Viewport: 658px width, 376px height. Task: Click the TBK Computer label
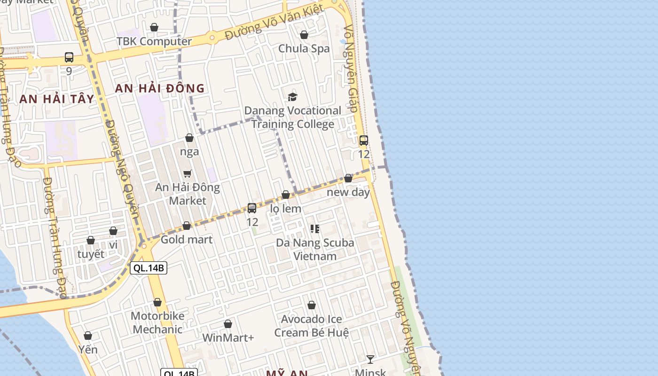(154, 41)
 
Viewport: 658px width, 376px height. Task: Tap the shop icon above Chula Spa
(304, 35)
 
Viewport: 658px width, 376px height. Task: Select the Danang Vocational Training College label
(292, 117)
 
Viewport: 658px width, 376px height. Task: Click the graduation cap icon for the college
(292, 97)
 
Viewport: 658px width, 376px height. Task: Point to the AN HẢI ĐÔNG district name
(160, 88)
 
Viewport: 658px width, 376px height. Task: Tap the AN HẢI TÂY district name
(57, 99)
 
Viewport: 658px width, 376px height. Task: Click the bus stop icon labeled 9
(69, 57)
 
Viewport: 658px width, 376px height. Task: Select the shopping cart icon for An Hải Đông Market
(188, 173)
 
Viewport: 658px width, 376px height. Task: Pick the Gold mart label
(187, 240)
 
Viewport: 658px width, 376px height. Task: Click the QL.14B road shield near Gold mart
(149, 268)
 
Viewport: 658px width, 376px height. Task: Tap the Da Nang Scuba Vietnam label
(315, 250)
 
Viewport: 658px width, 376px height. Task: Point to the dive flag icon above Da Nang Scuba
(315, 229)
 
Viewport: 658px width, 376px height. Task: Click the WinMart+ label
(228, 337)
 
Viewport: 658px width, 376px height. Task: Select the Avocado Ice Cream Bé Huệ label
(312, 326)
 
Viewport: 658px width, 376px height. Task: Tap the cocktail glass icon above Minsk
(370, 360)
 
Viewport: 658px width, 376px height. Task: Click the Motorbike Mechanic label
(157, 322)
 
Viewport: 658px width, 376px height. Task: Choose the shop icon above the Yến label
(88, 336)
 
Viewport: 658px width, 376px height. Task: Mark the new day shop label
(348, 192)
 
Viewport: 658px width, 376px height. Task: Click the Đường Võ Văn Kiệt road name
(274, 23)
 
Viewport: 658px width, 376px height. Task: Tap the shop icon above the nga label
(189, 138)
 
